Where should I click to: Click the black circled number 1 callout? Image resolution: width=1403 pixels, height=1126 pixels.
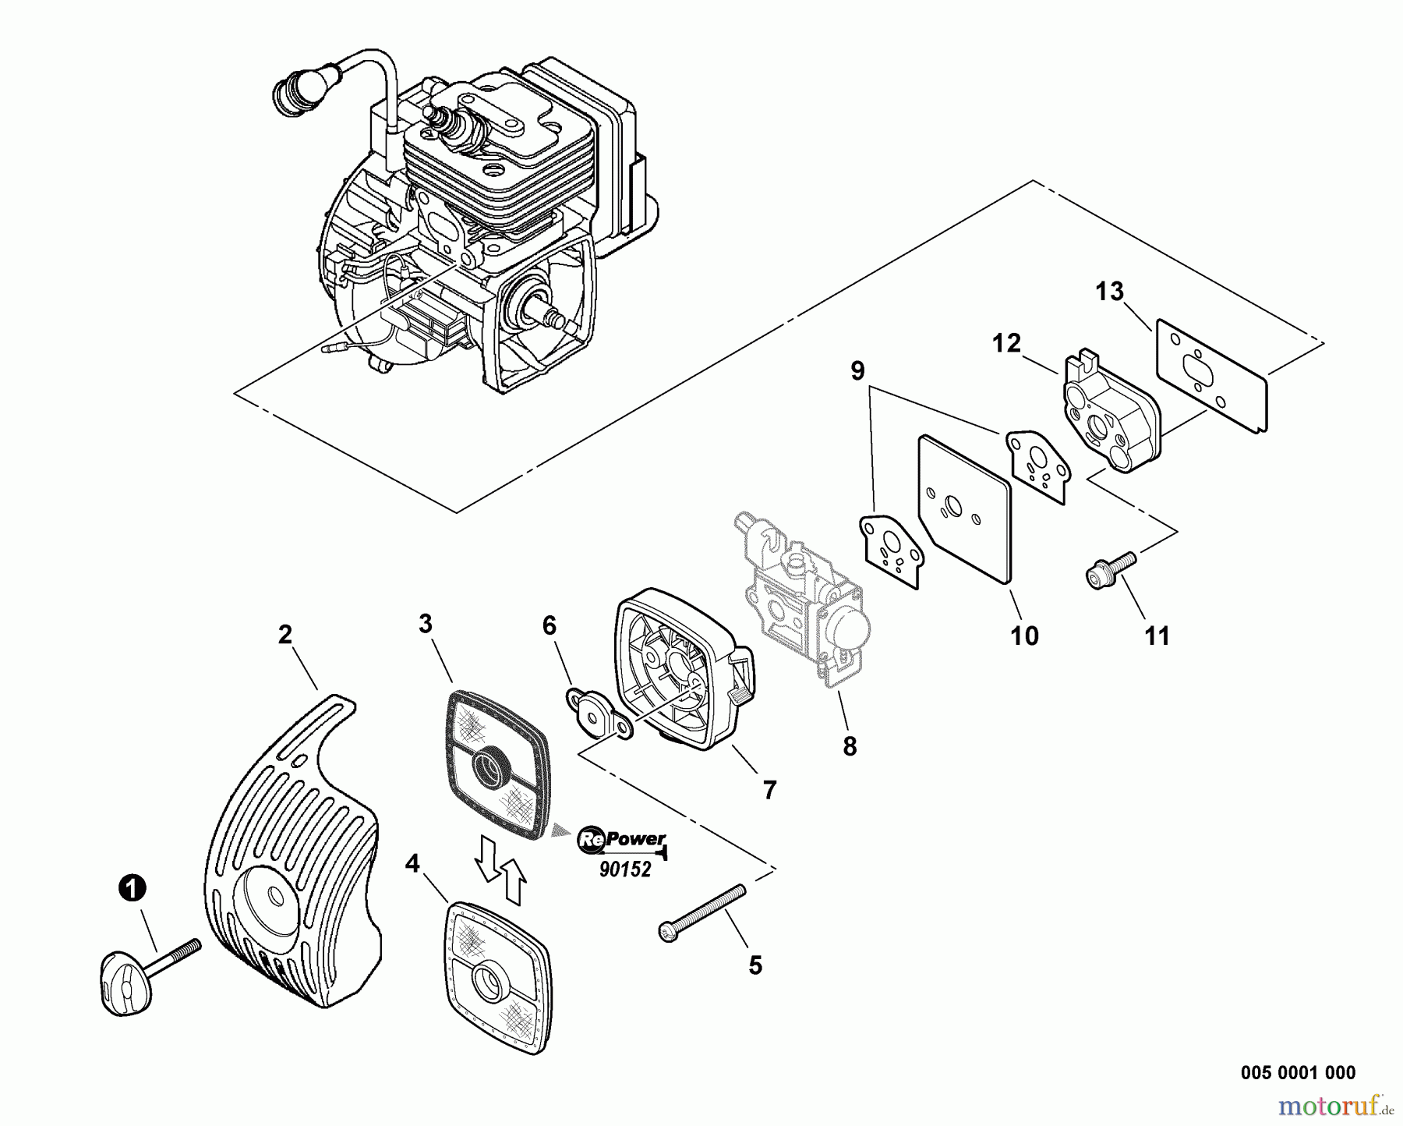133,887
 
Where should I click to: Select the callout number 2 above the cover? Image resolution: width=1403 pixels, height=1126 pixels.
285,635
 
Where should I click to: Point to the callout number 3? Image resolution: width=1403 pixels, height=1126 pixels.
425,624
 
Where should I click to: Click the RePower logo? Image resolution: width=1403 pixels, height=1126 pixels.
621,841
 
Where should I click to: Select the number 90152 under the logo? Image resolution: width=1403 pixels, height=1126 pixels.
625,869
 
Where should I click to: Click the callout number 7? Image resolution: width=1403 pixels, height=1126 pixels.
769,791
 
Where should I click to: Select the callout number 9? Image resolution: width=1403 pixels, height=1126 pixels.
857,371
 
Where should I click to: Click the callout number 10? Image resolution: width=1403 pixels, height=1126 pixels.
1024,636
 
